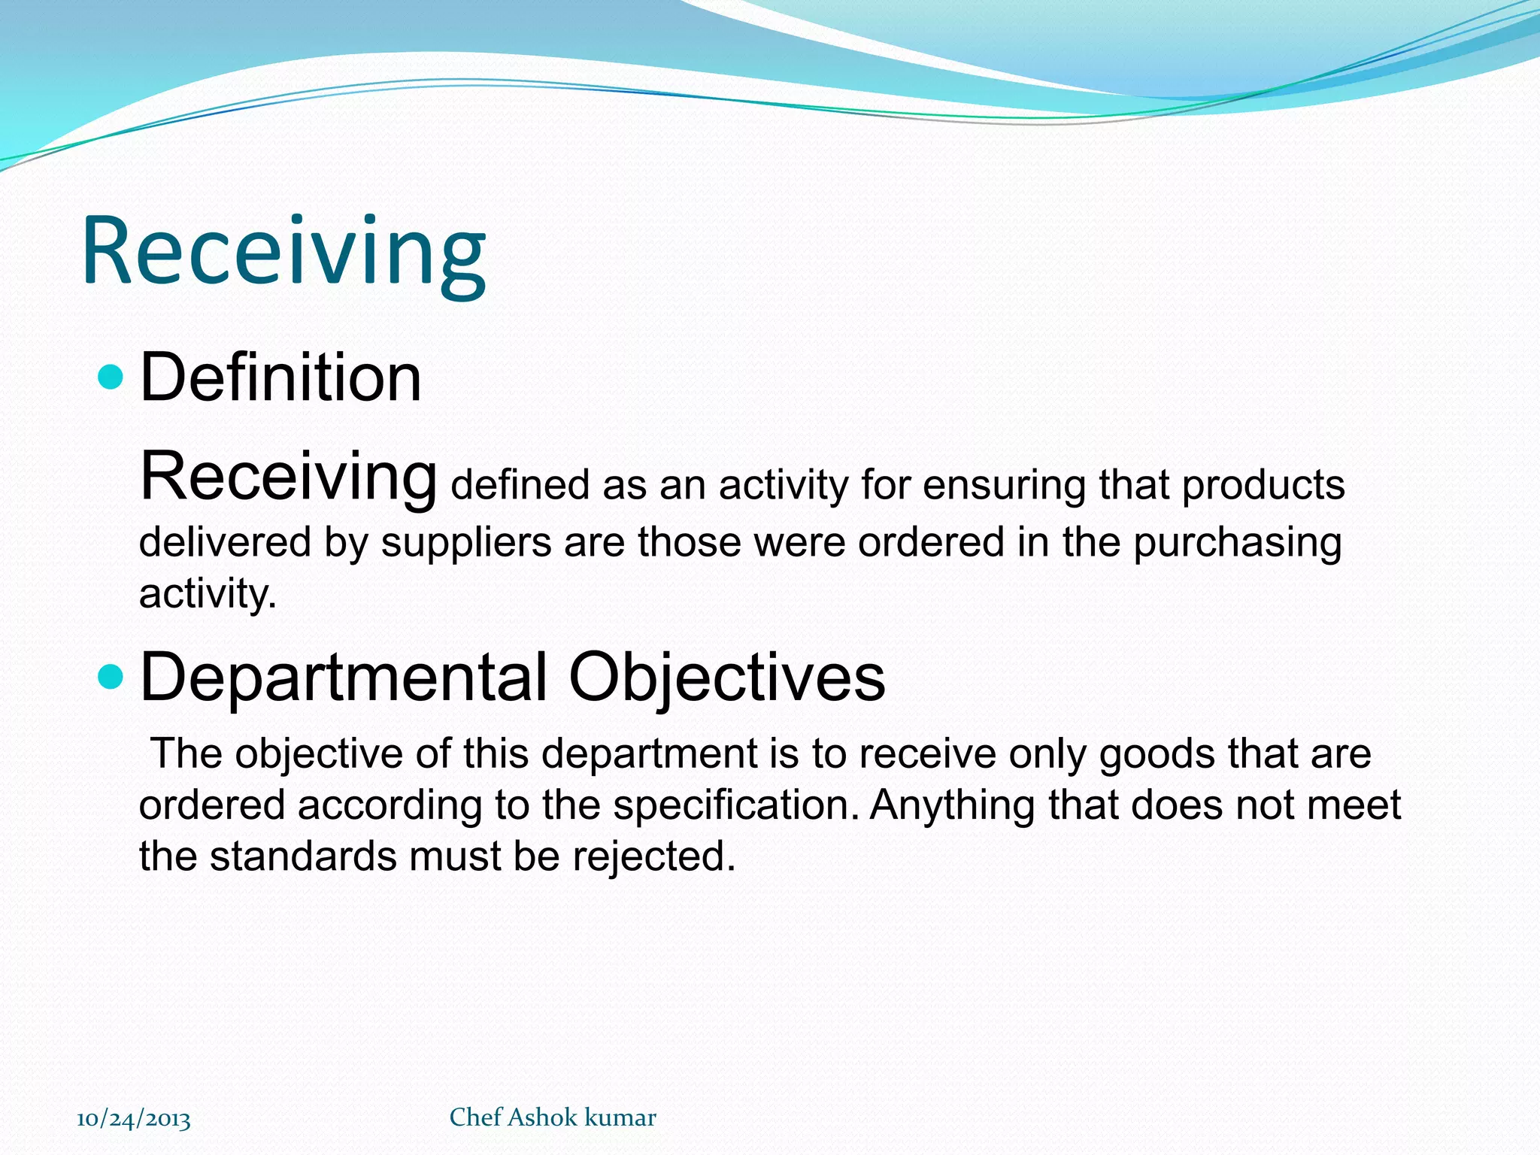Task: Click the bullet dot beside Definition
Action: (111, 377)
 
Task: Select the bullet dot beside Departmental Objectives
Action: (111, 677)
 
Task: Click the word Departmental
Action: (344, 677)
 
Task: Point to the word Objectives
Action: (726, 677)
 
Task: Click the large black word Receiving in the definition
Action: (288, 476)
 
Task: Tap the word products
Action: (1263, 485)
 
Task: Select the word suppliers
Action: (466, 542)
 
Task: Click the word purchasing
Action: (1237, 542)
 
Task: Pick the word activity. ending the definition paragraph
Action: (208, 593)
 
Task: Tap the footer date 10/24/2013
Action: (134, 1119)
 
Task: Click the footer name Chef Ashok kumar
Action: (553, 1117)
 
